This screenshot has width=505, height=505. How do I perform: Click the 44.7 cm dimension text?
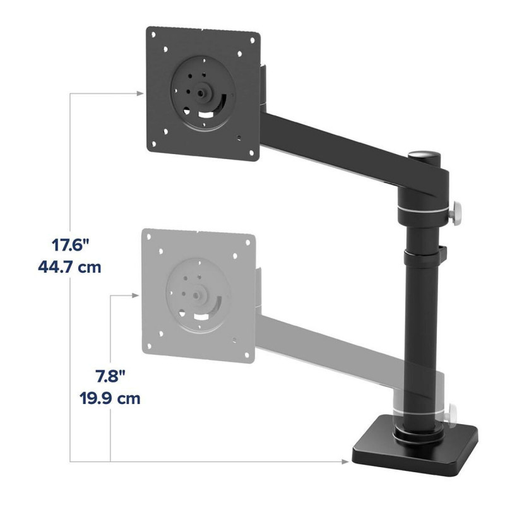point(69,266)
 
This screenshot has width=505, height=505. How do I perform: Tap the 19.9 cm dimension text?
point(110,399)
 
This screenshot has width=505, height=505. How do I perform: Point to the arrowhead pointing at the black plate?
point(138,93)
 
